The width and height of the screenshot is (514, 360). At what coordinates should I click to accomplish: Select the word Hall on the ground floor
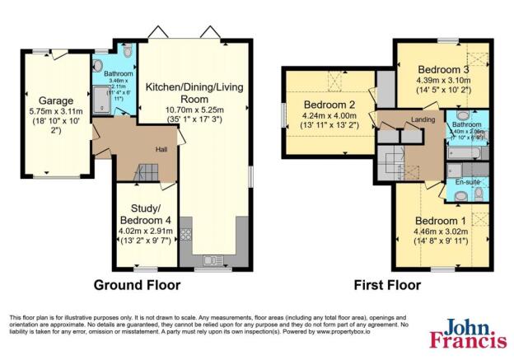[162, 149]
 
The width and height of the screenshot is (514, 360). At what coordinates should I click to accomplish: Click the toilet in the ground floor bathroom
[99, 65]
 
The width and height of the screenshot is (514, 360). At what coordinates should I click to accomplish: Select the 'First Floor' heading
[387, 285]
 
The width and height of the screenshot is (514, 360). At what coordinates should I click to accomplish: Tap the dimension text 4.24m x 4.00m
[330, 116]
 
